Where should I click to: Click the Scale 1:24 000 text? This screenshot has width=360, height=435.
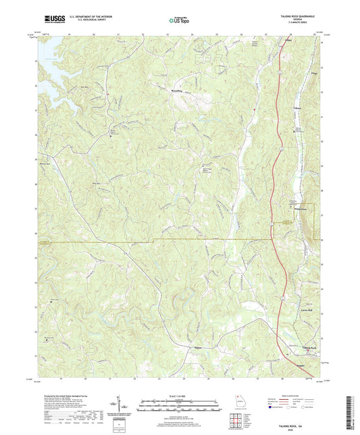tap(180, 396)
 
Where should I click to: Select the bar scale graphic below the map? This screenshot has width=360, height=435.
tap(180, 407)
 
